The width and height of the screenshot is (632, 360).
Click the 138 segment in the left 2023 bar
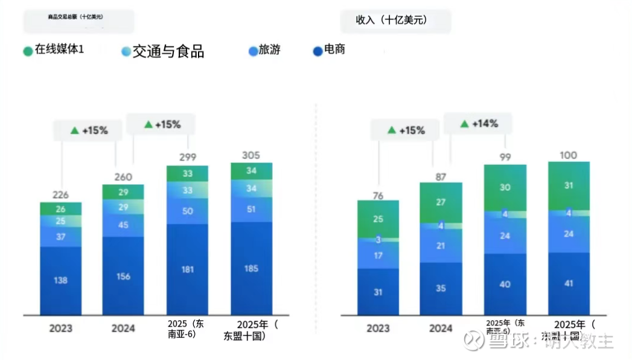61,280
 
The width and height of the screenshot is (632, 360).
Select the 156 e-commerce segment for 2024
123,276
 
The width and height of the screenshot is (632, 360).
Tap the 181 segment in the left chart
187,269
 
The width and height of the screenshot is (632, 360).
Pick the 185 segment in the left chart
251,268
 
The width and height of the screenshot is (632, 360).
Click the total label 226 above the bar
60,194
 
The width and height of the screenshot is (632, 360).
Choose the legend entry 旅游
269,50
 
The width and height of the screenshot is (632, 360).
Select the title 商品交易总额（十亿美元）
75,17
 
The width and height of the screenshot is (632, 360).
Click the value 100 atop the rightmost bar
569,155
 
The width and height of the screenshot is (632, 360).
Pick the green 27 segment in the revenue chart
441,202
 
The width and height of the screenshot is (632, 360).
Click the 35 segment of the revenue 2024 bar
441,288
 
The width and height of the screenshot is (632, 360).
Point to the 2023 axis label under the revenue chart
378,329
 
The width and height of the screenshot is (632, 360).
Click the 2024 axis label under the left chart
123,329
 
